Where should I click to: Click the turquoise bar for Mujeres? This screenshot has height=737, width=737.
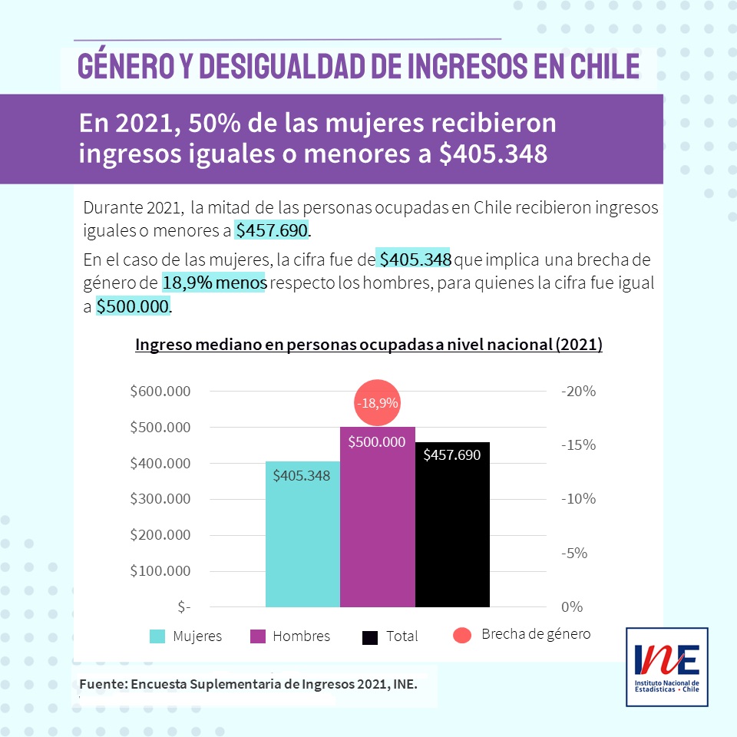coord(302,537)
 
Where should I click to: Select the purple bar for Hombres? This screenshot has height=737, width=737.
coord(377,522)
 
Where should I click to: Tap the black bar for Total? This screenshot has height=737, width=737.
coord(452,530)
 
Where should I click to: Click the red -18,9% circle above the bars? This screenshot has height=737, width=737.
coord(377,402)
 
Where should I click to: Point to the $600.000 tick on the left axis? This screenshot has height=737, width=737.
coord(160,392)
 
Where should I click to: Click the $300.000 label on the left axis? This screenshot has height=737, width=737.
coord(160,499)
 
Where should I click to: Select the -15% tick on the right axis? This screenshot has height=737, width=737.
coord(578,445)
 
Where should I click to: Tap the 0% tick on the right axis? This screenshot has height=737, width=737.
coord(572,607)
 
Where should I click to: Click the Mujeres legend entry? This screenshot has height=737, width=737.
coord(186,636)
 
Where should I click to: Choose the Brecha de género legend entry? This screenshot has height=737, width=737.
coord(522,634)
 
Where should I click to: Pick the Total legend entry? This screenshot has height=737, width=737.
coord(391,636)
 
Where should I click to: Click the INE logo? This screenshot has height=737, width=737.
coord(667,666)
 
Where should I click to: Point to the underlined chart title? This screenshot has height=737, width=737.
coord(368,345)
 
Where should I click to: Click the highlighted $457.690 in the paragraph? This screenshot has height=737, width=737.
coord(271,230)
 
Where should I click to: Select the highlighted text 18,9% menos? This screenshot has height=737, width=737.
coord(213,283)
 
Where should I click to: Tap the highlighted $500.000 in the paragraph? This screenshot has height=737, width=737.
coord(132,307)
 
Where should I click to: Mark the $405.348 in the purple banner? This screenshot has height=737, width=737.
coord(493,154)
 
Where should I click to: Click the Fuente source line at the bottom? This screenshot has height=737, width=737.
coord(248,683)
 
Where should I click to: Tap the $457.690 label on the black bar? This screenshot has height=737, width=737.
coord(452,455)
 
